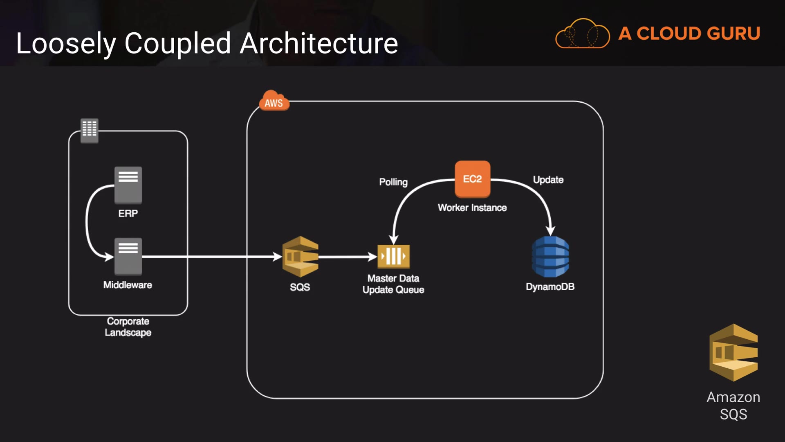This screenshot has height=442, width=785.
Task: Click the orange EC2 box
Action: [472, 179]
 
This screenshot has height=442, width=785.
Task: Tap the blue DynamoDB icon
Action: [550, 257]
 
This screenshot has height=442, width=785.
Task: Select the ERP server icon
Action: [128, 185]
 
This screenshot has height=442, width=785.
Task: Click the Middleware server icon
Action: [128, 256]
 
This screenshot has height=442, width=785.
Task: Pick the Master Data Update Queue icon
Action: [393, 257]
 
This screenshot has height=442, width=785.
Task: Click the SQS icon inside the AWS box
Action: [301, 257]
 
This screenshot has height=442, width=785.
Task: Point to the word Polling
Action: [393, 182]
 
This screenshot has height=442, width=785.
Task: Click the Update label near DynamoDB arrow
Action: [548, 180]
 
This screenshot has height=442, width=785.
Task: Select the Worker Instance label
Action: [472, 207]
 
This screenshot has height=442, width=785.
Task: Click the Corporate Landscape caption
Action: [128, 327]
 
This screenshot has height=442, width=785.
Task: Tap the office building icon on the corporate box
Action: [90, 130]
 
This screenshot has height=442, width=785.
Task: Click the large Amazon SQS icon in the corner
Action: [733, 352]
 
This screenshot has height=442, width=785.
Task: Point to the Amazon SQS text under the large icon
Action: [733, 406]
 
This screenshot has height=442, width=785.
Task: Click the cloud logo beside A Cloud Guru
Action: [582, 34]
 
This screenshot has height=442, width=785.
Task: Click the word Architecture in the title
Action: [319, 43]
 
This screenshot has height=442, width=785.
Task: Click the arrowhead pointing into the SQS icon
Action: [278, 257]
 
